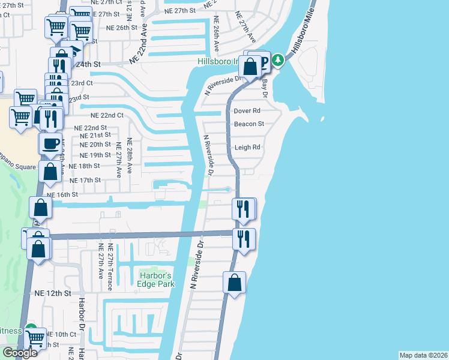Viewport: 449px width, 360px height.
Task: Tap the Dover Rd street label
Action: [247, 111]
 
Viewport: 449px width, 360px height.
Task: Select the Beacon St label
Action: [249, 124]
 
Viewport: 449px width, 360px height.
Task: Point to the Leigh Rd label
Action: [247, 147]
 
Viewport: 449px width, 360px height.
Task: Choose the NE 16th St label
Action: [62, 194]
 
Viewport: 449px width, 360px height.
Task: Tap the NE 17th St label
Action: [85, 180]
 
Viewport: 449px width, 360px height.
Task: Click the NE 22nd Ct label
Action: [107, 115]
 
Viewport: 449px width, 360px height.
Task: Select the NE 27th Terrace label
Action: [109, 267]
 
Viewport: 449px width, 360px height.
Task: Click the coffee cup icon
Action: [50, 144]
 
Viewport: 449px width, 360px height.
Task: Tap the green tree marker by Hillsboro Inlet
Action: [278, 60]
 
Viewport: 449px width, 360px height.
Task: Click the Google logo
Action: [20, 353]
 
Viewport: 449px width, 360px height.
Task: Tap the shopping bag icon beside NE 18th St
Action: [50, 171]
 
